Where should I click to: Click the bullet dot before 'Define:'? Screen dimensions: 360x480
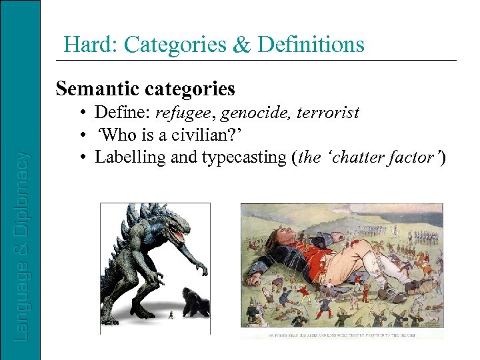[x=84, y=113]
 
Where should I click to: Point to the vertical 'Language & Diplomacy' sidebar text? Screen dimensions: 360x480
[x=22, y=247]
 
